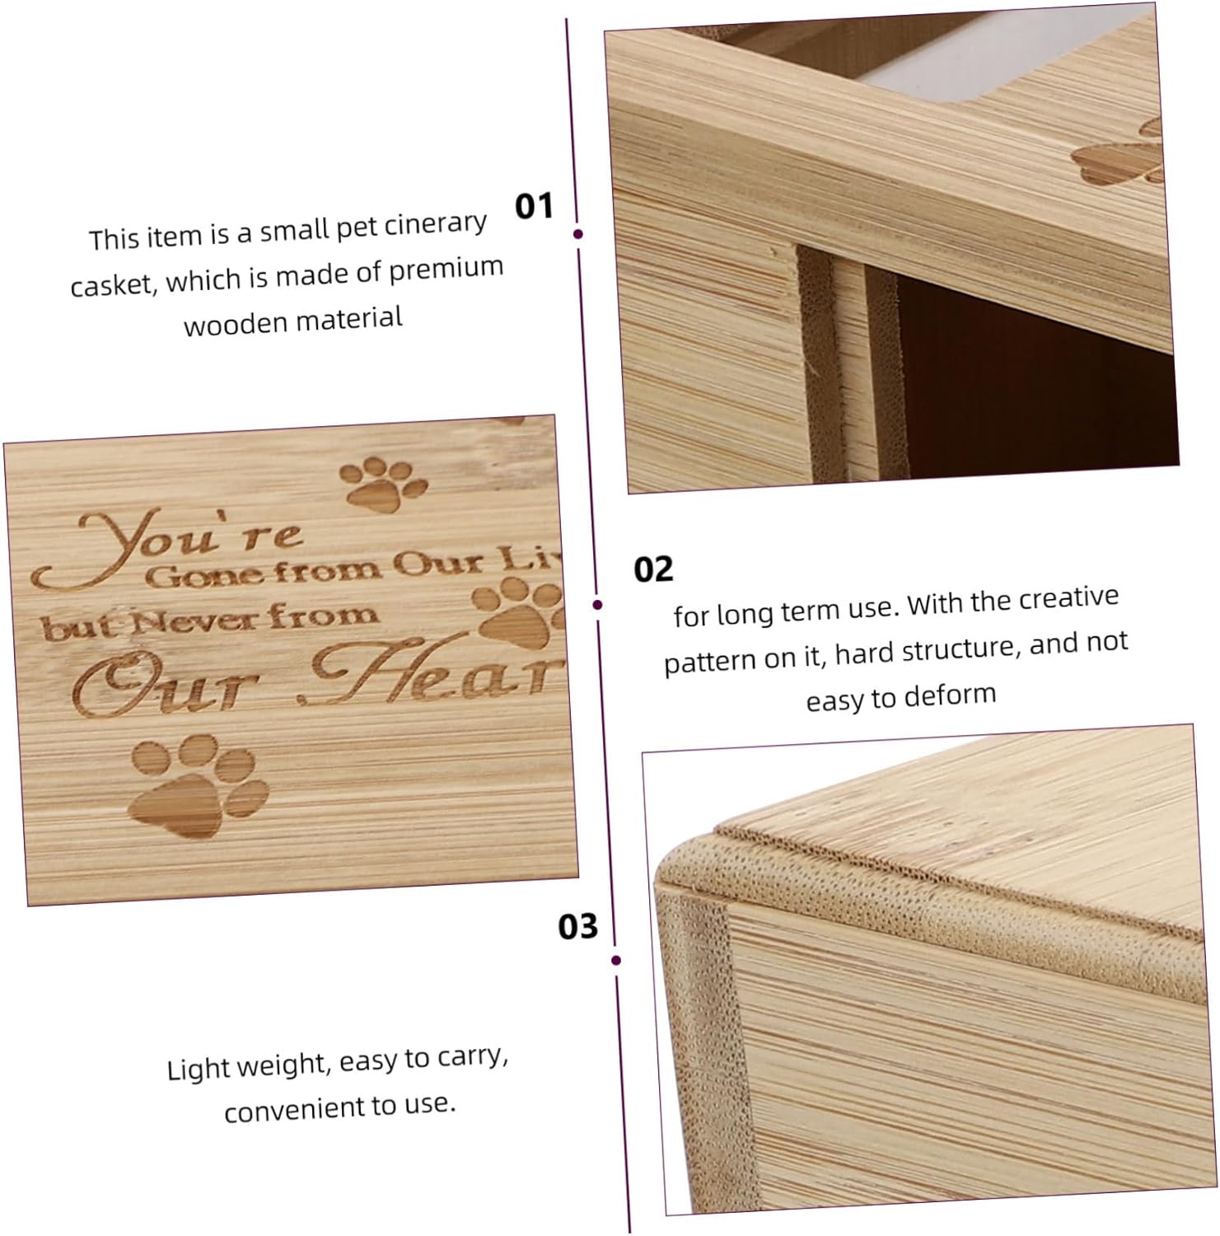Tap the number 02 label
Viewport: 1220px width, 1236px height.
click(x=653, y=569)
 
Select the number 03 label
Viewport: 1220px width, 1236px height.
click(x=578, y=926)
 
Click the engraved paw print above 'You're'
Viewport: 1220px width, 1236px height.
click(x=384, y=481)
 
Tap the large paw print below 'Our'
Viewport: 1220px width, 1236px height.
click(x=199, y=784)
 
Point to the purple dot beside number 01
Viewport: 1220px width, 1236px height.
click(x=578, y=234)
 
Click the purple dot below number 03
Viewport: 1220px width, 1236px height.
click(x=617, y=960)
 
